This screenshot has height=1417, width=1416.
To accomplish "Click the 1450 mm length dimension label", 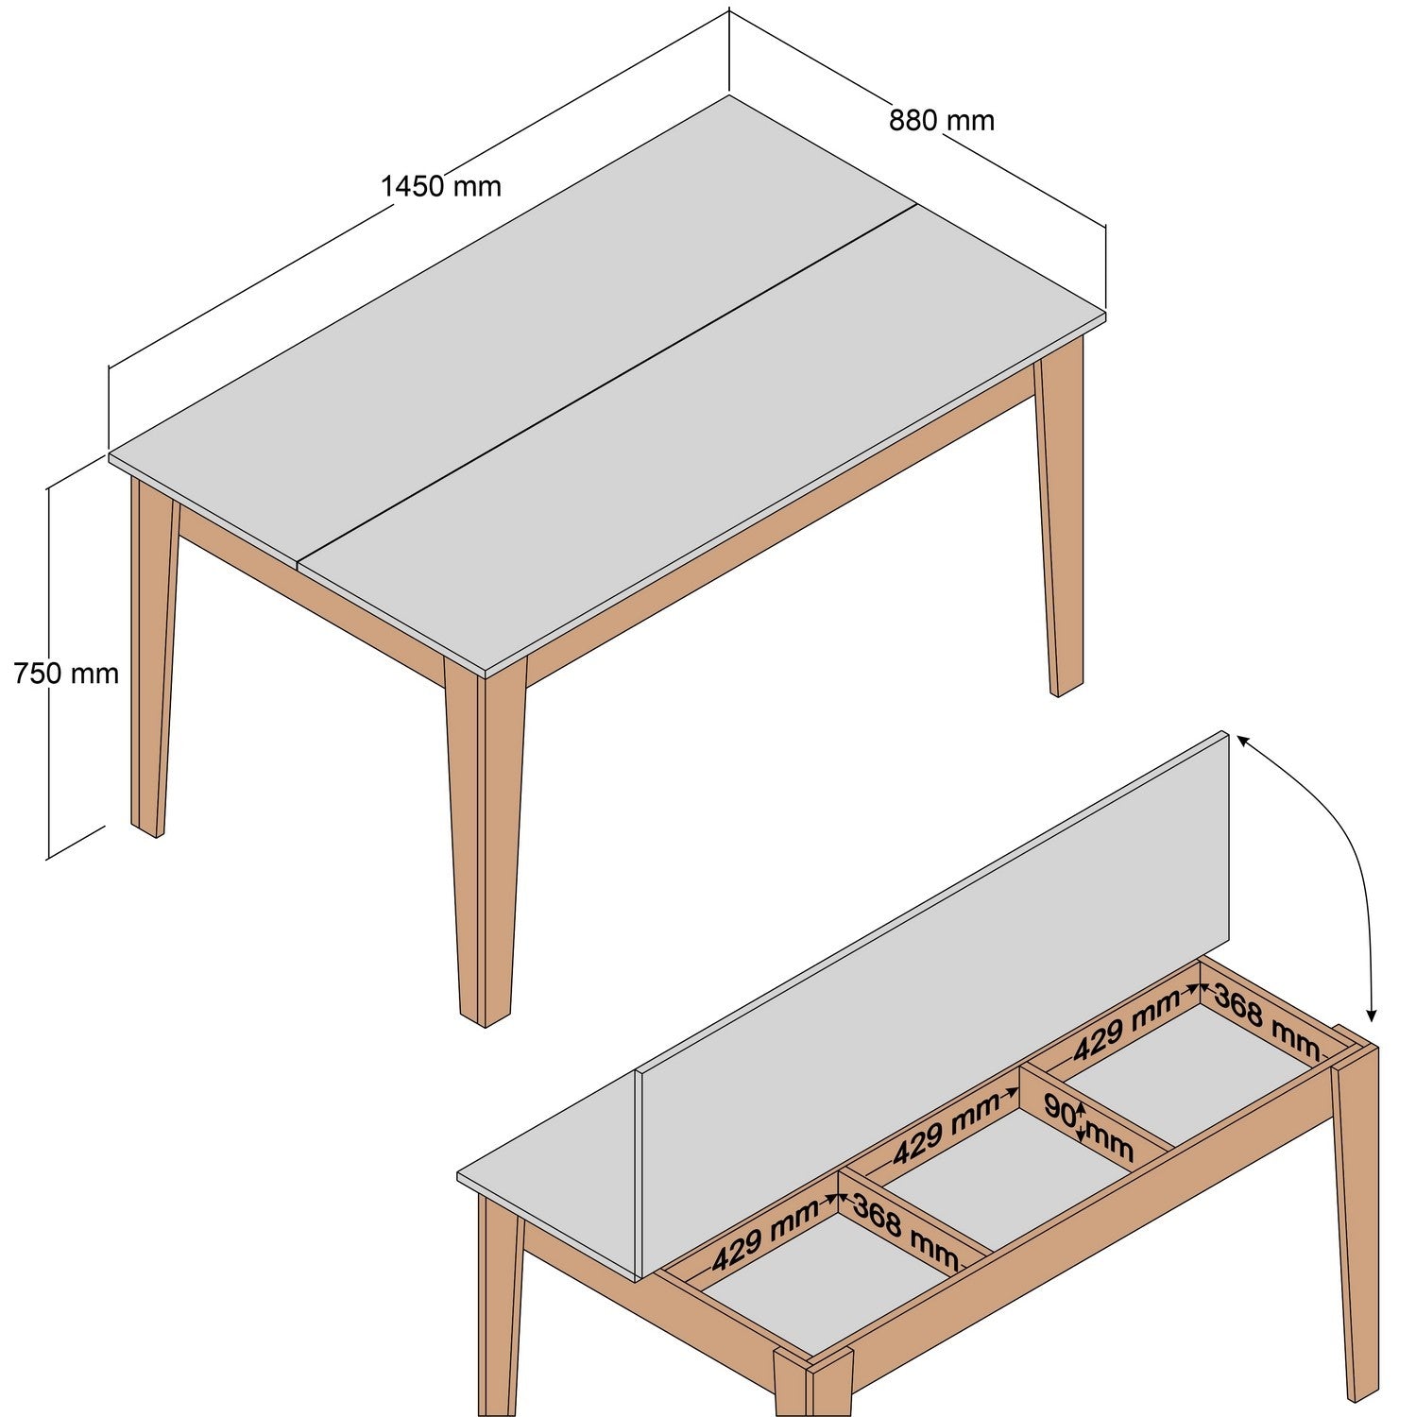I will coord(440,186).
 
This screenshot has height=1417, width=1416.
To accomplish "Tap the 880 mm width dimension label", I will coord(941,120).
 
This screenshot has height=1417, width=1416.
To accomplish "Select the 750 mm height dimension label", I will coord(66,674).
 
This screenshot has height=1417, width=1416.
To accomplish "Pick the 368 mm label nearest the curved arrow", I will coord(1266,1019).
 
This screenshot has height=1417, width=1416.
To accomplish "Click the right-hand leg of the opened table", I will coord(1356,1228).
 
